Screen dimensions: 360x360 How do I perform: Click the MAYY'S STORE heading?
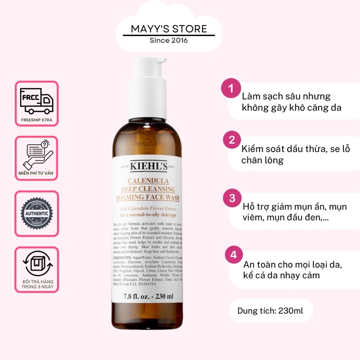[169, 29]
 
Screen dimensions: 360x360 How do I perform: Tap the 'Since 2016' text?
[169, 40]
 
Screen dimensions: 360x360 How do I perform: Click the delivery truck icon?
[37, 100]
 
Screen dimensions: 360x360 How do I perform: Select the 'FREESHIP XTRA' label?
[37, 120]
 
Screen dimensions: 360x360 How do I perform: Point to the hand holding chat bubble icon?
[37, 153]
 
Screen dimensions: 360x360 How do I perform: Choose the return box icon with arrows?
[36, 262]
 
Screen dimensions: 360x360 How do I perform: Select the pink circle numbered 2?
[232, 139]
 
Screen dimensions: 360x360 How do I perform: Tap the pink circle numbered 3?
[232, 198]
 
